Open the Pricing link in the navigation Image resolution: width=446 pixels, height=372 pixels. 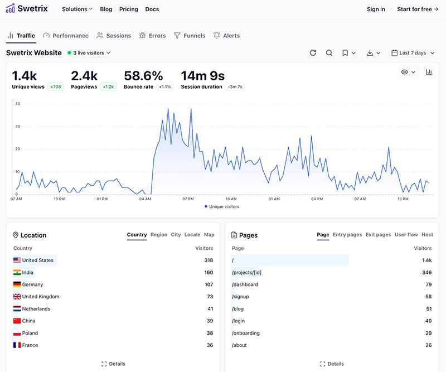point(129,9)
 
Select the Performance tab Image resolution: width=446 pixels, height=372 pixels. point(66,36)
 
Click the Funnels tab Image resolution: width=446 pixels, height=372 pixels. point(190,36)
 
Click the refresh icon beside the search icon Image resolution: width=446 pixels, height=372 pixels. point(313,53)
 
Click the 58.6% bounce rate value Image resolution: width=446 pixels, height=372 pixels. point(143,76)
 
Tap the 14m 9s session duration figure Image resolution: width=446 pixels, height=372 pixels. point(202,76)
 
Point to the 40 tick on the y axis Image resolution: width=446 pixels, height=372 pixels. point(18,104)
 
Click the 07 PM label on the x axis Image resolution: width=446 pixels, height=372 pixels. point(187,199)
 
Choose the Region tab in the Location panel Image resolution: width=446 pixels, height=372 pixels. point(159,235)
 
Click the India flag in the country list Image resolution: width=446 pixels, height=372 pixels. point(17,273)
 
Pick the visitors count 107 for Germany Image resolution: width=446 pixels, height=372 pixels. point(209,284)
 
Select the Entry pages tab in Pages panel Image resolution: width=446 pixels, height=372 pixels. point(347,235)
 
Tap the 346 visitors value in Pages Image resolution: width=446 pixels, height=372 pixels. point(426,273)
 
